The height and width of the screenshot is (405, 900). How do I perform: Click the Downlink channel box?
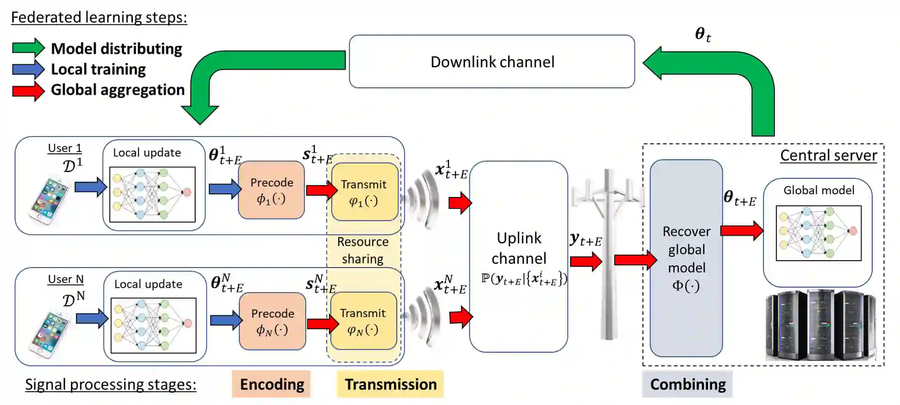point(492,61)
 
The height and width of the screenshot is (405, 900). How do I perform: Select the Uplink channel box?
point(518,257)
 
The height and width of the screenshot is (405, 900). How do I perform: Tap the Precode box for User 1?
point(271,190)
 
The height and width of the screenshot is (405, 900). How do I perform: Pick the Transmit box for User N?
point(363,321)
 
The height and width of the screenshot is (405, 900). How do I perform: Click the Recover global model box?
point(686,258)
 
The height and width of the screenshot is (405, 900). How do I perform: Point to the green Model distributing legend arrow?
point(28,48)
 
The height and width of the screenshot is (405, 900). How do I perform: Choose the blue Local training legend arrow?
point(28,69)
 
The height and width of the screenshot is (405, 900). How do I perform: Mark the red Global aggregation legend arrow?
point(28,90)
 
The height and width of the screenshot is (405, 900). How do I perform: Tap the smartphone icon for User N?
point(49,333)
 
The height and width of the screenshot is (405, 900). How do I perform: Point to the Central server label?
point(829,155)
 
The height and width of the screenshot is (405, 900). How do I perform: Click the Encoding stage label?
point(271,384)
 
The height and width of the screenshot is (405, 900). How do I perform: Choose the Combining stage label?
point(687,384)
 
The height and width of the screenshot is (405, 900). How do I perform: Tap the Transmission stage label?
point(390,384)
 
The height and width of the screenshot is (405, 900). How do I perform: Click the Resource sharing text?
point(363,250)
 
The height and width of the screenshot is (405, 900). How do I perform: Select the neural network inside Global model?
point(818,233)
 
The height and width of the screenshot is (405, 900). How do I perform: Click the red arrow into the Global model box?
point(741,230)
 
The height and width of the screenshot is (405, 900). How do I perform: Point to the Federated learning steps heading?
point(99,17)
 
